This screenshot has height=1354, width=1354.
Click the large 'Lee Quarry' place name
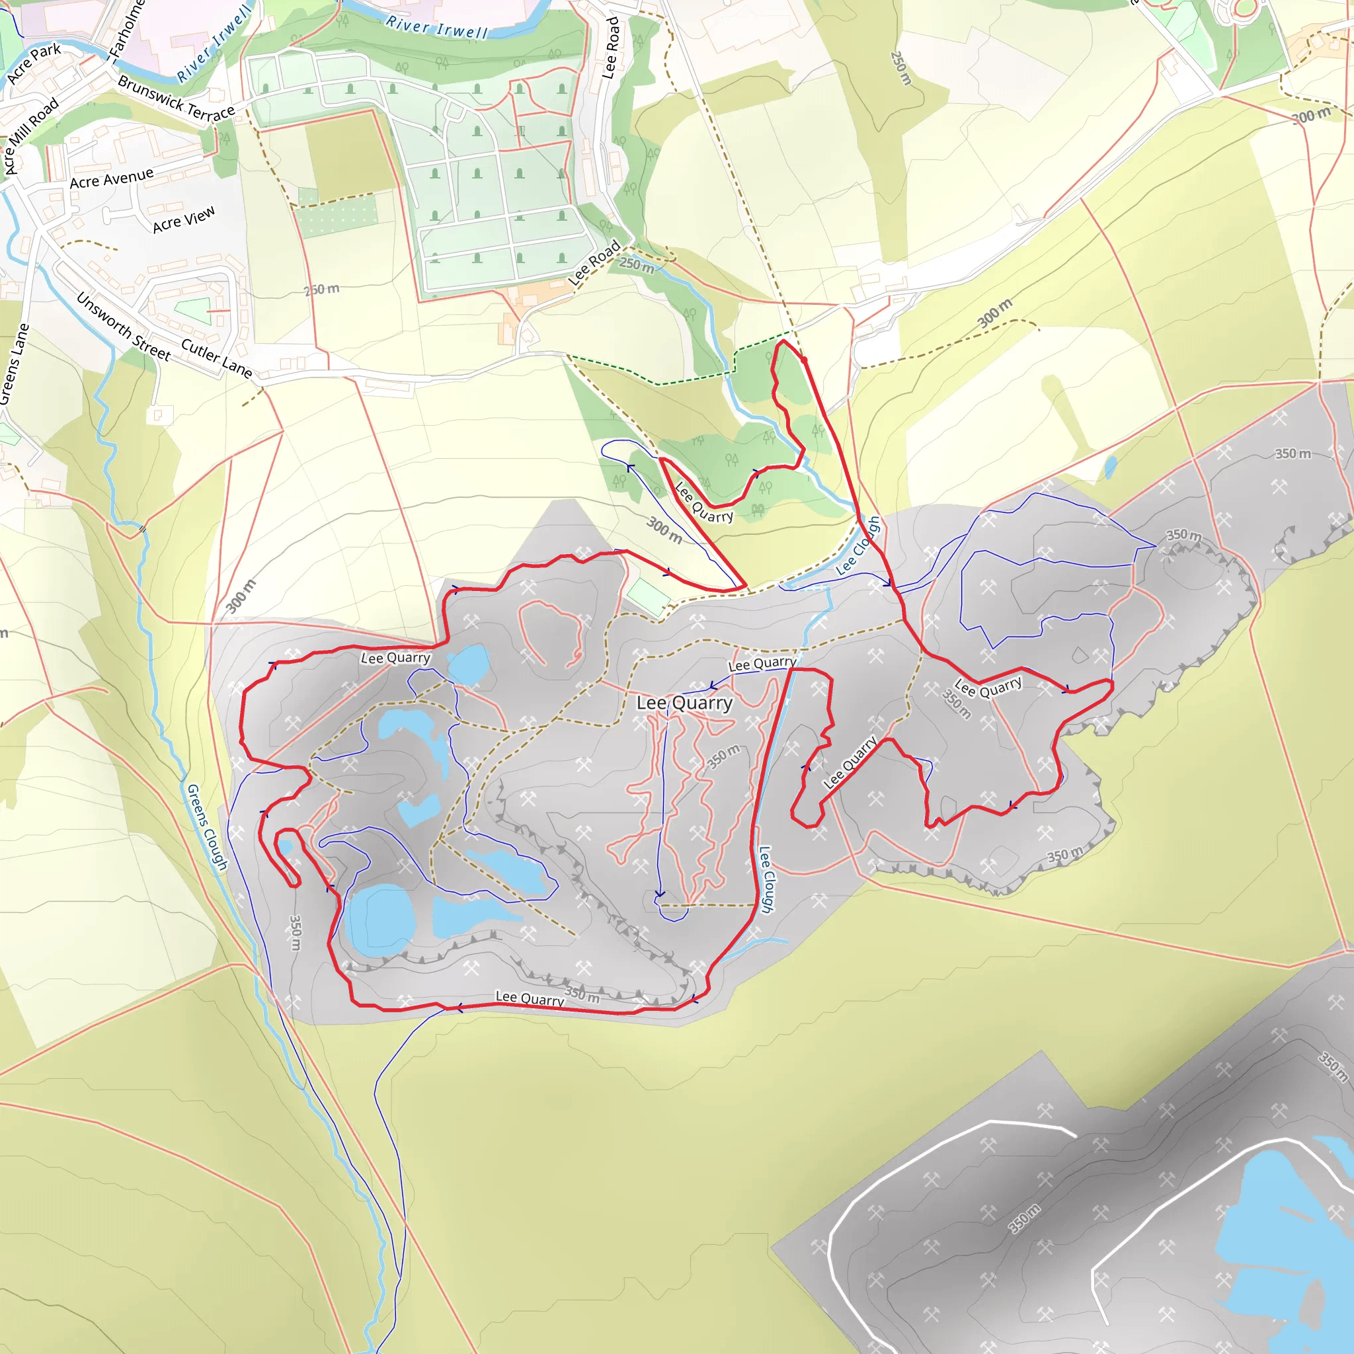pyautogui.click(x=684, y=703)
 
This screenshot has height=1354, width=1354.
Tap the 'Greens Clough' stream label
pyautogui.click(x=207, y=827)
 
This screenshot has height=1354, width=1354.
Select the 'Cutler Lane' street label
pyautogui.click(x=217, y=358)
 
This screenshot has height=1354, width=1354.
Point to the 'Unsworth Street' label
pyautogui.click(x=124, y=327)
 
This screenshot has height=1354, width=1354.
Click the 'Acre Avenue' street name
pyautogui.click(x=112, y=178)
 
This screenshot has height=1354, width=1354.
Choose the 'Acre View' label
pyautogui.click(x=184, y=219)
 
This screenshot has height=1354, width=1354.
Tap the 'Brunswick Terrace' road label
pyautogui.click(x=176, y=99)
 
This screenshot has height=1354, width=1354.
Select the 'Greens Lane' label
pyautogui.click(x=14, y=364)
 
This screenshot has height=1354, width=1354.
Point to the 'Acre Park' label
pyautogui.click(x=34, y=62)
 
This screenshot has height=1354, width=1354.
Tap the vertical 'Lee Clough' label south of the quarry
pyautogui.click(x=767, y=879)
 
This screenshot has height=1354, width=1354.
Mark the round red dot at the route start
pyautogui.click(x=804, y=360)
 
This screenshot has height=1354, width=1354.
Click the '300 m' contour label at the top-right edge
pyautogui.click(x=1311, y=116)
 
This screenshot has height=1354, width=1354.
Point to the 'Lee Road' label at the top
pyautogui.click(x=612, y=48)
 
